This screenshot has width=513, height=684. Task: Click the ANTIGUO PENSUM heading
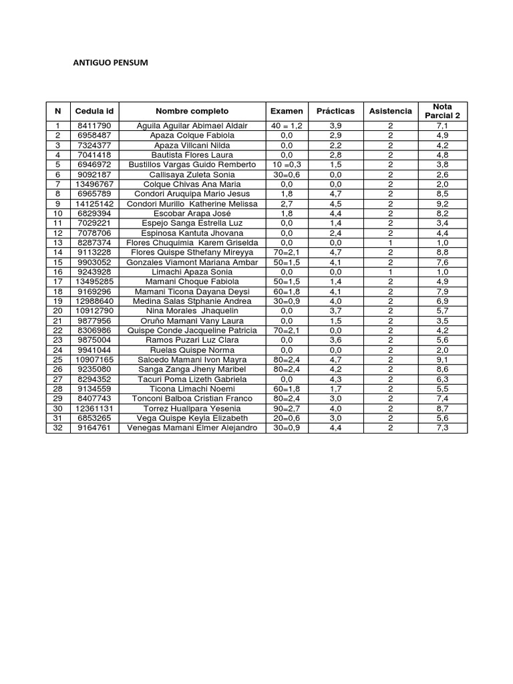coord(110,63)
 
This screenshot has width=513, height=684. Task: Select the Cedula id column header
coord(94,111)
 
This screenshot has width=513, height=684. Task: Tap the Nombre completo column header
coord(192,111)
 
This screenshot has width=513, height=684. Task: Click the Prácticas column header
coord(335,111)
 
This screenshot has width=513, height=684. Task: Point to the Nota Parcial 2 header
coord(442,111)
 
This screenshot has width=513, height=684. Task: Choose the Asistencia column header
coord(390,111)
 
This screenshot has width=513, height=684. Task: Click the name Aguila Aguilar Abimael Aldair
coord(192,126)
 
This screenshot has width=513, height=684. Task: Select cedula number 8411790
coord(94,126)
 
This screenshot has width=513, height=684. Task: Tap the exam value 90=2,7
coord(287,409)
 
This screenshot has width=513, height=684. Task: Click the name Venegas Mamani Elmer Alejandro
coord(192,428)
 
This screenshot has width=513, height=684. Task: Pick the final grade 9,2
coord(442,204)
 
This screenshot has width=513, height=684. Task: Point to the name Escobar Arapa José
coord(192,214)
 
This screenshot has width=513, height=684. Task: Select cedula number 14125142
coord(94,204)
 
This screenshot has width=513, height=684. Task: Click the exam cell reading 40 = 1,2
coord(287,126)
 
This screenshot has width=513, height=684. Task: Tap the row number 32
coord(58,428)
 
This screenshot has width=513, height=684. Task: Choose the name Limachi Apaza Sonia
coord(192,273)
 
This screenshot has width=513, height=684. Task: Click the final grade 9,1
coord(442,359)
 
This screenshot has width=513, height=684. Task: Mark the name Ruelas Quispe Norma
coord(192,350)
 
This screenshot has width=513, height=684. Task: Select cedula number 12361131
coord(94,409)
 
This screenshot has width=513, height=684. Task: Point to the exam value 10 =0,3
coord(287,164)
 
